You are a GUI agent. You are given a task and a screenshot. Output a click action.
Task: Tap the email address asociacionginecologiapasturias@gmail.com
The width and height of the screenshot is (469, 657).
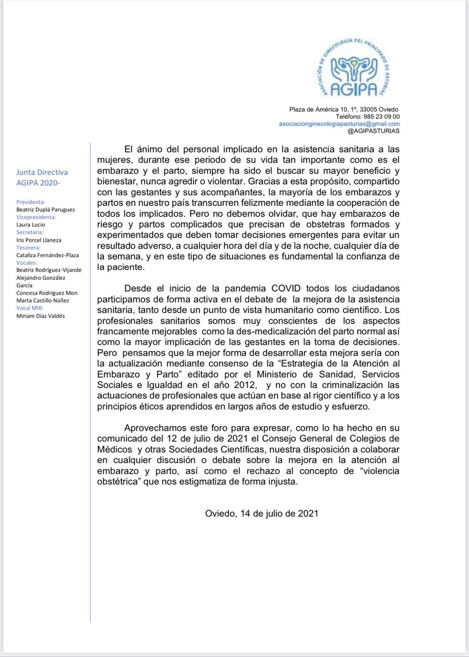(339, 124)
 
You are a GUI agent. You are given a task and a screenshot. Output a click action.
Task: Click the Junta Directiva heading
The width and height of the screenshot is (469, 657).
(42, 173)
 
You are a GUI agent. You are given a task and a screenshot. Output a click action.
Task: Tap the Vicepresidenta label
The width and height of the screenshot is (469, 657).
(36, 217)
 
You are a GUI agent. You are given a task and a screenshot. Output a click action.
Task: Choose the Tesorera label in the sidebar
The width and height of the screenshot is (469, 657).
(30, 247)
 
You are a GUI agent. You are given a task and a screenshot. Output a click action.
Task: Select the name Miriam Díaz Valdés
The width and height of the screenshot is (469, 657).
(41, 315)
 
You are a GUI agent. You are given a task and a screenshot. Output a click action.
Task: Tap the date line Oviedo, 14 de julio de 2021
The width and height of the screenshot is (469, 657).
(261, 514)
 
